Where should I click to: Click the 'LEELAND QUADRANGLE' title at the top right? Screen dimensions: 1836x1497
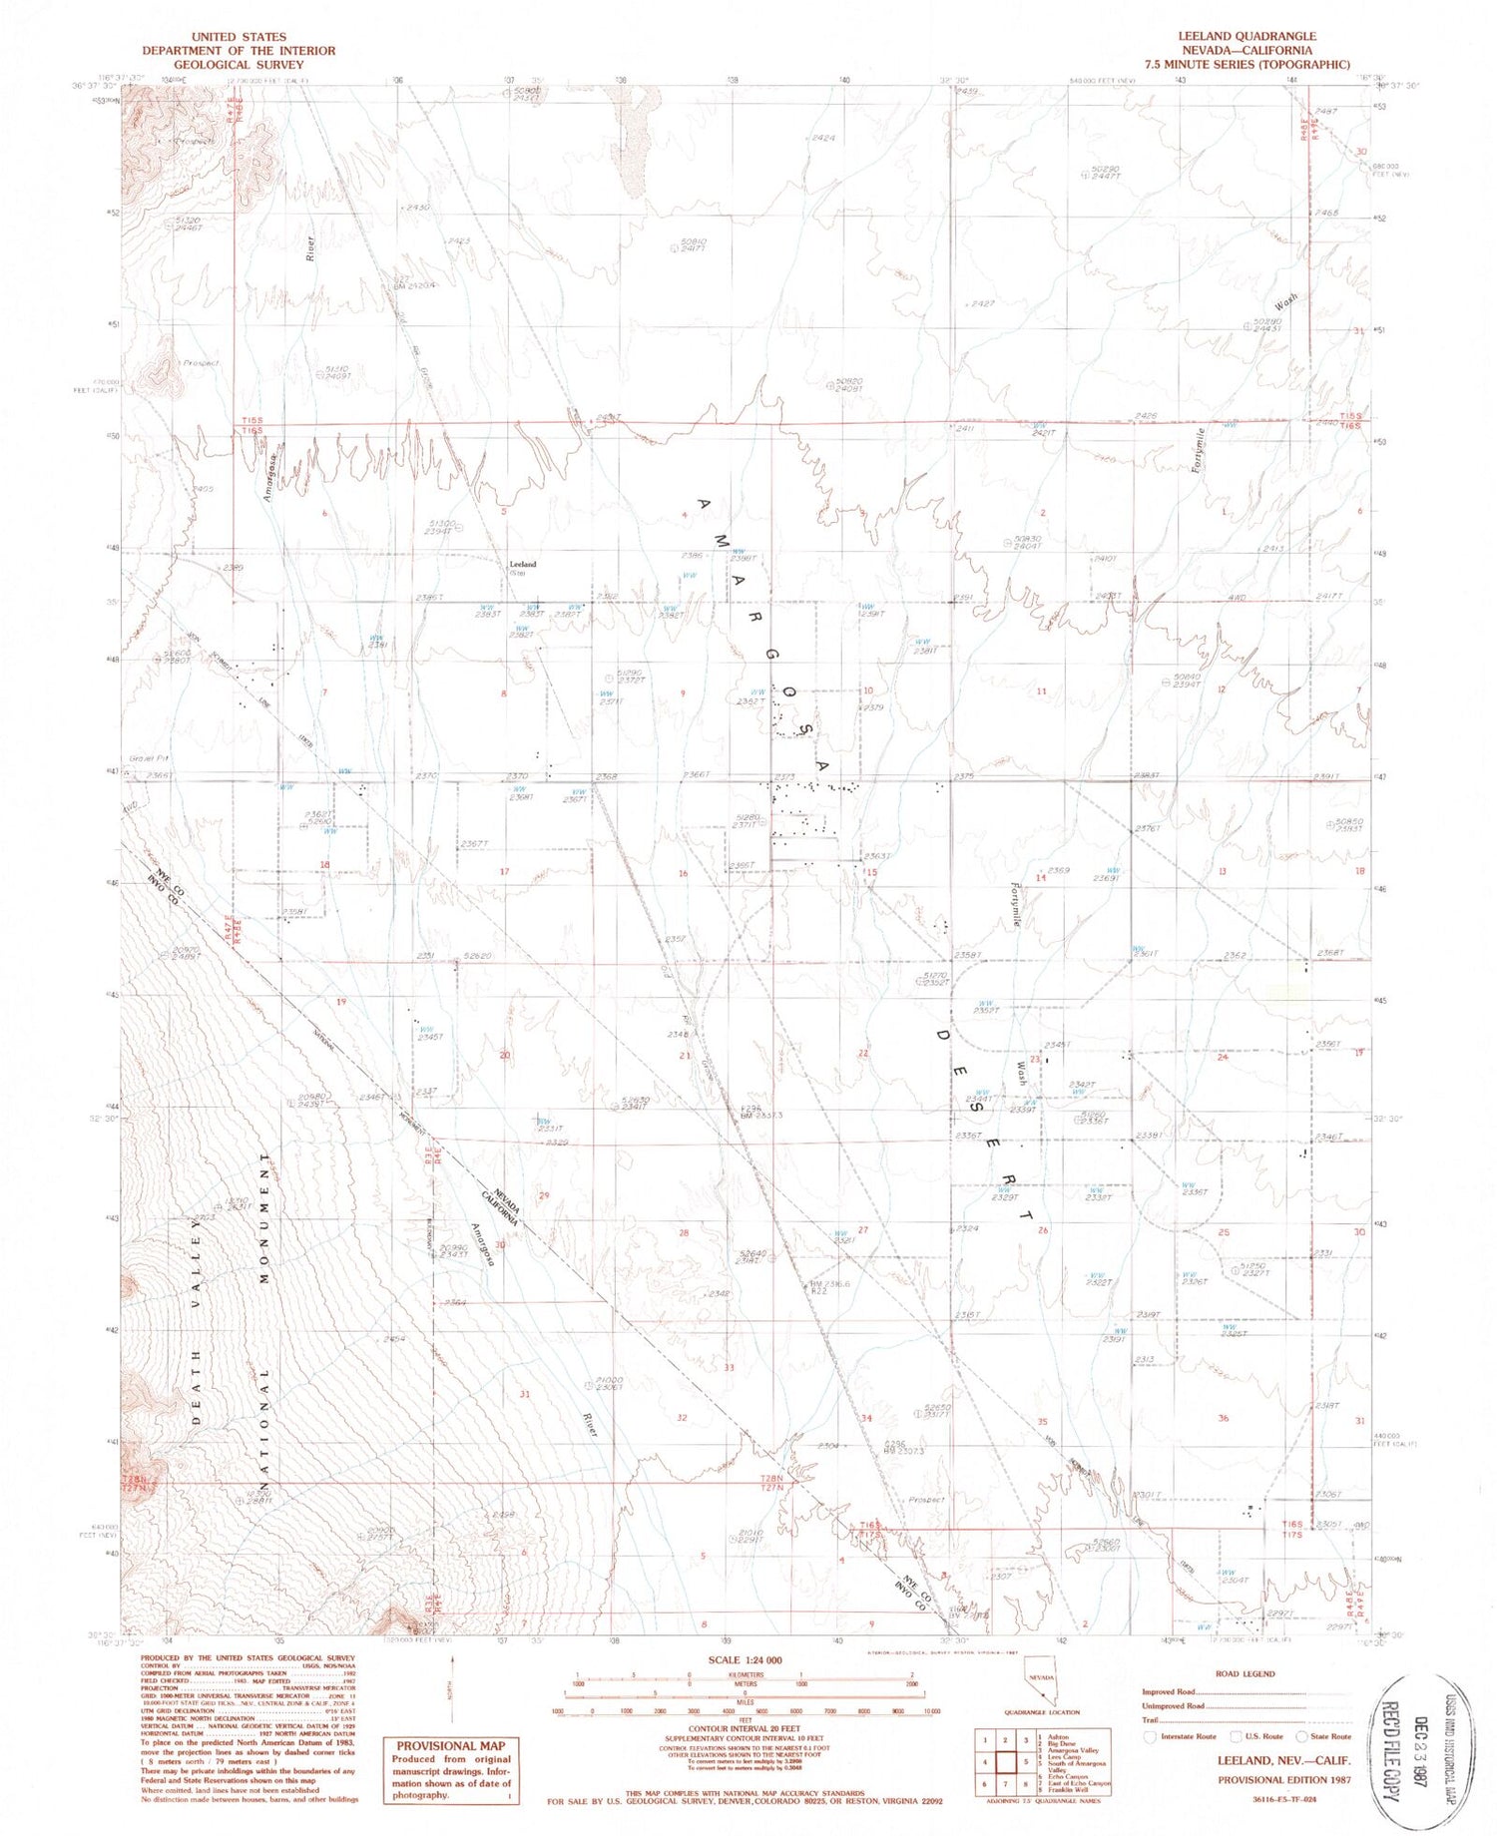[1247, 36]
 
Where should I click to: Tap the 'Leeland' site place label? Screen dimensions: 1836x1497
[522, 564]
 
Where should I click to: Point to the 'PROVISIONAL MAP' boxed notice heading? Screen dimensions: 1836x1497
[451, 1746]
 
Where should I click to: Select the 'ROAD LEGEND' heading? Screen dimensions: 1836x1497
[1245, 1674]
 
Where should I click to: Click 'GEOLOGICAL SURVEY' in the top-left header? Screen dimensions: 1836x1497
[239, 64]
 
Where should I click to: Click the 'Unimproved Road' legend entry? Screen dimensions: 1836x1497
[1174, 1706]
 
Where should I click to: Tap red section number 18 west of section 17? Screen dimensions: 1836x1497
[324, 864]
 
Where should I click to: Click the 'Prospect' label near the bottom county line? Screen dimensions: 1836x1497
[926, 1500]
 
